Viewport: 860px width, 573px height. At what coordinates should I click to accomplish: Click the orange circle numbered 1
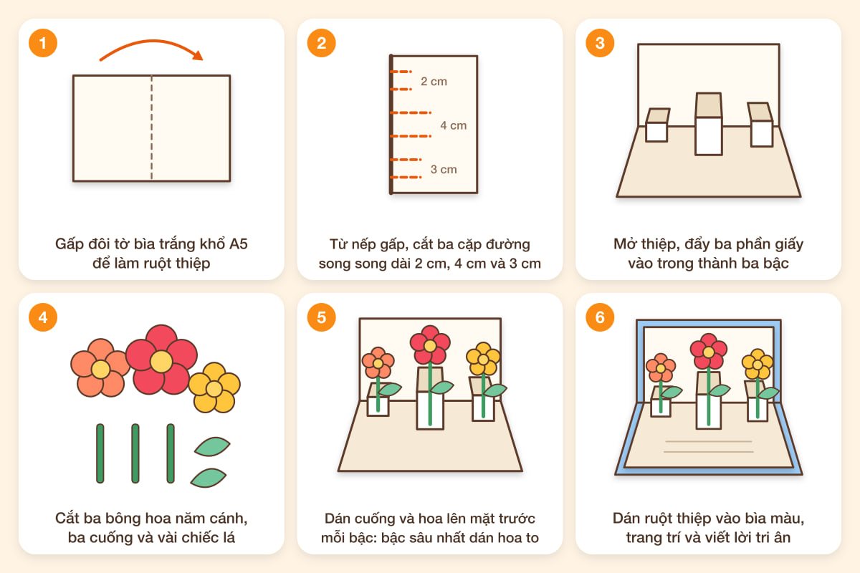(43, 43)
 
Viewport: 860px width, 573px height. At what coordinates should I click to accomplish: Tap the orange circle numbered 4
(43, 317)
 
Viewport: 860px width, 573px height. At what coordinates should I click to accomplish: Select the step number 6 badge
(600, 317)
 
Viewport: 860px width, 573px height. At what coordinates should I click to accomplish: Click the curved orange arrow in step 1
(152, 41)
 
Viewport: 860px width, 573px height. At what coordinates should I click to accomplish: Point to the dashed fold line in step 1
(152, 127)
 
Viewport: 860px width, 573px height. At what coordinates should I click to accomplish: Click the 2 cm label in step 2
(434, 82)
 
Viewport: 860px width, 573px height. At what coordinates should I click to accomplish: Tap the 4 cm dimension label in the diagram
(454, 125)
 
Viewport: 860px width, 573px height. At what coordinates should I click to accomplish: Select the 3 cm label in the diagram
(444, 169)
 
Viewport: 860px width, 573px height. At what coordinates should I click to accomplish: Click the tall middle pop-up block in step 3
(709, 124)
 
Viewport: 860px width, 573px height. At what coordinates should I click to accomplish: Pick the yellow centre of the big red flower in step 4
(161, 362)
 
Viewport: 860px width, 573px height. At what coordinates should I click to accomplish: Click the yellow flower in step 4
(214, 387)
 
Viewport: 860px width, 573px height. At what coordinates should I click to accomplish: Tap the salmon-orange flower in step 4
(100, 367)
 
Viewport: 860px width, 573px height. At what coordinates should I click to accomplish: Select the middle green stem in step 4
(135, 453)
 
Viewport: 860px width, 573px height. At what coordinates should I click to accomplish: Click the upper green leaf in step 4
(212, 446)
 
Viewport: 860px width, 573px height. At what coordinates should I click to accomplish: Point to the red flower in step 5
(430, 345)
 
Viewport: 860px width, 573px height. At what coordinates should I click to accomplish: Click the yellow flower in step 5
(483, 359)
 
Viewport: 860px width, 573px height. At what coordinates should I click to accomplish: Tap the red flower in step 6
(708, 351)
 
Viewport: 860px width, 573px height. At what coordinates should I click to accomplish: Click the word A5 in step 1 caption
(239, 244)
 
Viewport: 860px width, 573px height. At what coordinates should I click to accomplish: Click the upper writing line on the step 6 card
(708, 441)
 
